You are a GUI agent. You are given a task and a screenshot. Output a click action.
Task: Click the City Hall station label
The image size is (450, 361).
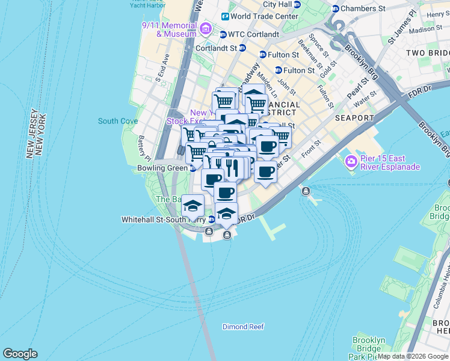tap(277, 4)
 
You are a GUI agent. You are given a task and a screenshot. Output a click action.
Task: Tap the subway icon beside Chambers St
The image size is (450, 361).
tap(335, 8)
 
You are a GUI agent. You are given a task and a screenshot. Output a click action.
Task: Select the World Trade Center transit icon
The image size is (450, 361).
tap(225, 16)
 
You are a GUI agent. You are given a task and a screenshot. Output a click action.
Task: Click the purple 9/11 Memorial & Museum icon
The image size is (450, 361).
tap(206, 28)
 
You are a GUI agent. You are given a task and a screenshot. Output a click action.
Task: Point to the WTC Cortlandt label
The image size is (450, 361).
tap(253, 34)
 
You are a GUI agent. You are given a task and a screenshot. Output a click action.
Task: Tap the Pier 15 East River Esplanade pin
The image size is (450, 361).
tap(351, 162)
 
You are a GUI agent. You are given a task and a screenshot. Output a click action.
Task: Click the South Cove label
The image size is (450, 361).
tap(118, 121)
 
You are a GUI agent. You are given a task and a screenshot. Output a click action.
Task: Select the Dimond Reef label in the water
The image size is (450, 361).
tap(243, 327)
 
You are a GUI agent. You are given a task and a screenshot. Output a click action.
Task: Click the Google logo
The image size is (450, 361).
tap(20, 354)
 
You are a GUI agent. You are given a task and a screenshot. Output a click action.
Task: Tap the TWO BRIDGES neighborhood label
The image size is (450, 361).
tap(427, 53)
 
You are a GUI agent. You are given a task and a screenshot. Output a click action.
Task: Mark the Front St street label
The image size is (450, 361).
tap(312, 149)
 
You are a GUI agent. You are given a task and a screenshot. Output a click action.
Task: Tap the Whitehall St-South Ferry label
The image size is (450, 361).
tap(164, 220)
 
